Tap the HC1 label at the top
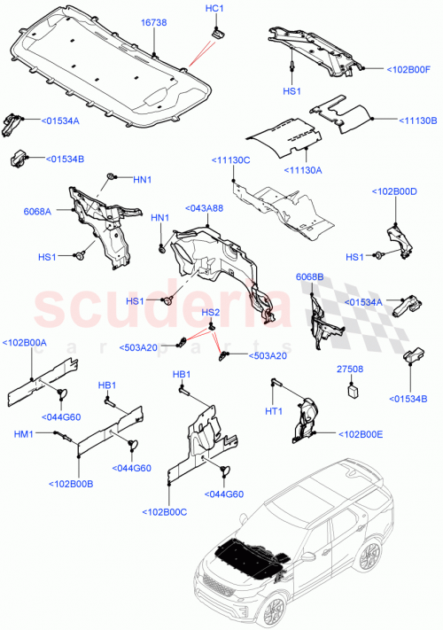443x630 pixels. (x=214, y=9)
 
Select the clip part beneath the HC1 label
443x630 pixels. (x=214, y=32)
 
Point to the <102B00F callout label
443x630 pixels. (x=408, y=68)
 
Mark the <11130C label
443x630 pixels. (x=230, y=159)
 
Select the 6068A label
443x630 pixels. (x=37, y=211)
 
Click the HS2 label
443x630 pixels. (x=211, y=313)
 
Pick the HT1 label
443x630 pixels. (x=274, y=411)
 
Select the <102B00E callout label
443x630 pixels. (x=361, y=434)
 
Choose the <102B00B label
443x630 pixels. (x=74, y=484)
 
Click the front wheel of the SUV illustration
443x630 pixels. (x=276, y=613)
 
